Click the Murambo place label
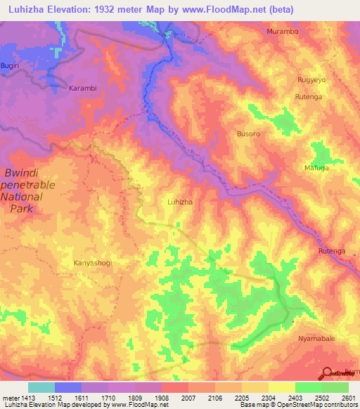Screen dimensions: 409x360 click(283, 32)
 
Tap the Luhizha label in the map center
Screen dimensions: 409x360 click(180, 202)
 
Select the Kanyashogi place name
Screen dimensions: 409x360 click(93, 264)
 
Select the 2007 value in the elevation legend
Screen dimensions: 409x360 click(187, 398)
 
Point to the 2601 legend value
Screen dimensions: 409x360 click(348, 398)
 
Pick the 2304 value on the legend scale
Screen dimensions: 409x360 click(268, 398)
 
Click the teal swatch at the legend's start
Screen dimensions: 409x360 click(41, 387)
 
